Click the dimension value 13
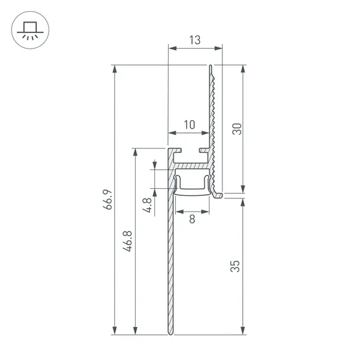pyautogui.click(x=195, y=40)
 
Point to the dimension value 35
pyautogui.click(x=235, y=266)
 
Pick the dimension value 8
pyautogui.click(x=193, y=219)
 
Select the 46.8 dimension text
pyautogui.click(x=128, y=241)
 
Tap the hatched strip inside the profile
pyautogui.click(x=193, y=167)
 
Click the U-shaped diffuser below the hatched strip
pyautogui.click(x=193, y=185)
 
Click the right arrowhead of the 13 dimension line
pyautogui.click(x=219, y=48)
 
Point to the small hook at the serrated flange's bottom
pyautogui.click(x=220, y=194)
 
